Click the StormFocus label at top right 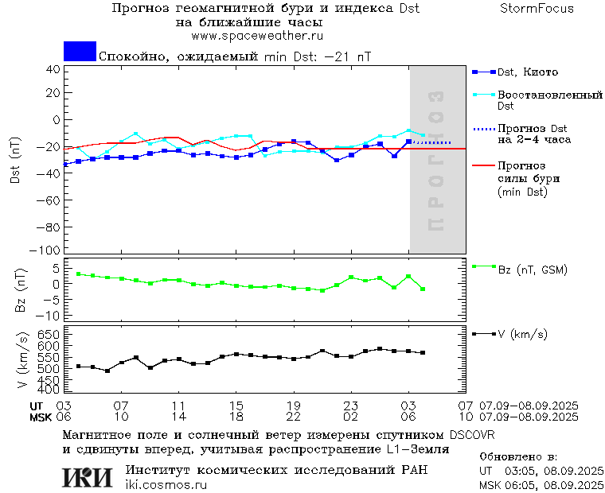tap(537, 9)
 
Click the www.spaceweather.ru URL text tap(256, 36)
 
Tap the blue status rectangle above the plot tap(80, 51)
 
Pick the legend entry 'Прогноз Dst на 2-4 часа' tap(531, 134)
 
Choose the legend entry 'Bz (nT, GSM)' tap(532, 270)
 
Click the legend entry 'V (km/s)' tap(522, 334)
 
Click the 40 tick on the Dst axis tap(53, 69)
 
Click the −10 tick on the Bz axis tap(49, 316)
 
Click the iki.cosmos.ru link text tap(166, 485)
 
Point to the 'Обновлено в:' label tap(518, 457)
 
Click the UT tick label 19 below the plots tap(293, 406)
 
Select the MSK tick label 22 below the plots tap(293, 417)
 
